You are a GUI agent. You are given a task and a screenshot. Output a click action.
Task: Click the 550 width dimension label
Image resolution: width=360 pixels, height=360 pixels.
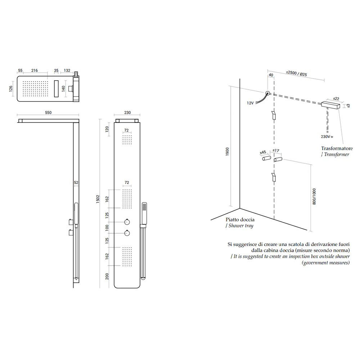(x=48, y=112)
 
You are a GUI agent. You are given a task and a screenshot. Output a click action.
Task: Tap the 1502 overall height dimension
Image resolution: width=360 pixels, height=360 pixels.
(x=98, y=199)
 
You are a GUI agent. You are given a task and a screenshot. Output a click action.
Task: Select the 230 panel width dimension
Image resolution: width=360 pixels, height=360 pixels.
(x=127, y=112)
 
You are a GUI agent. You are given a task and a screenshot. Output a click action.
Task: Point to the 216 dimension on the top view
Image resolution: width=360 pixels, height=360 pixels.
(x=35, y=71)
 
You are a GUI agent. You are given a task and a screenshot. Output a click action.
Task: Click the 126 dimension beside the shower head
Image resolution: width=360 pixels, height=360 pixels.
(x=11, y=89)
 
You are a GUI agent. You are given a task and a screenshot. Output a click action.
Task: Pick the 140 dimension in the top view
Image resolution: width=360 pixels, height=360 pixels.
(x=63, y=89)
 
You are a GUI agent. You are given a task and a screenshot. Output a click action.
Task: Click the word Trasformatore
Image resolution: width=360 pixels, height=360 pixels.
(x=337, y=148)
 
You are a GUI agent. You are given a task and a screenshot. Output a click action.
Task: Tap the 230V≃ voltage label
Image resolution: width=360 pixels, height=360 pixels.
(x=327, y=136)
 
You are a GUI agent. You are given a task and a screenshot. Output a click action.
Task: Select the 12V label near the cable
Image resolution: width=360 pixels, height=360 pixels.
(x=250, y=103)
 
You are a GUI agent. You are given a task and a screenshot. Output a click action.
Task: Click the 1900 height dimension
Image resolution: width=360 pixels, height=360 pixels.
(x=227, y=152)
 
